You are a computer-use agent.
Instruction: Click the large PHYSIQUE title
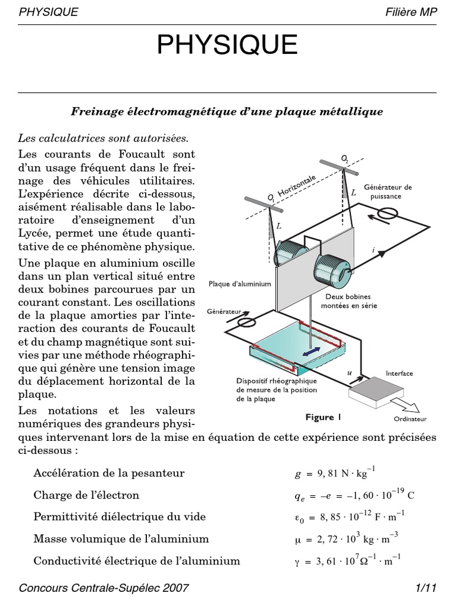click(227, 46)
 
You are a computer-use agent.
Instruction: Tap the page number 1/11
click(426, 588)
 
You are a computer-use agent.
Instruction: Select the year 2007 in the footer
click(177, 588)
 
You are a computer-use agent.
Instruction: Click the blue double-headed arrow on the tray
click(310, 351)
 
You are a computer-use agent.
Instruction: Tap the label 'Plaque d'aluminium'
click(240, 284)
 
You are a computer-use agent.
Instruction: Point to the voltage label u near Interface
click(349, 373)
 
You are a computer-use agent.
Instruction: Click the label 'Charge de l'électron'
click(86, 495)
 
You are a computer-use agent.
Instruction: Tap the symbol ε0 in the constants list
click(300, 518)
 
